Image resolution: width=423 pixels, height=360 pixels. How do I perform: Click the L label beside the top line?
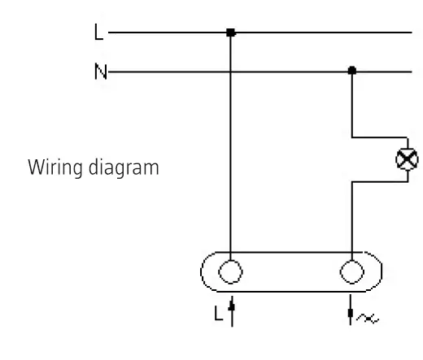point(98,33)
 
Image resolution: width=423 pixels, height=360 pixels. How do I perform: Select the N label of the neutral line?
point(98,72)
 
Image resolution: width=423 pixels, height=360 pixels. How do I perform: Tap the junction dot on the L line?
point(230,33)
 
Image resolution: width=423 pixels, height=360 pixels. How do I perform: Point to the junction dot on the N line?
point(351,72)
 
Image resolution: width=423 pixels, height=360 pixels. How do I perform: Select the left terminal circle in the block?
point(230,269)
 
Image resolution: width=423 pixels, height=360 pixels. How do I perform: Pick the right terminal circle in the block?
point(351,269)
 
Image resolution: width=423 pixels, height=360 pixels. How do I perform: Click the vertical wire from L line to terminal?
point(230,146)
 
